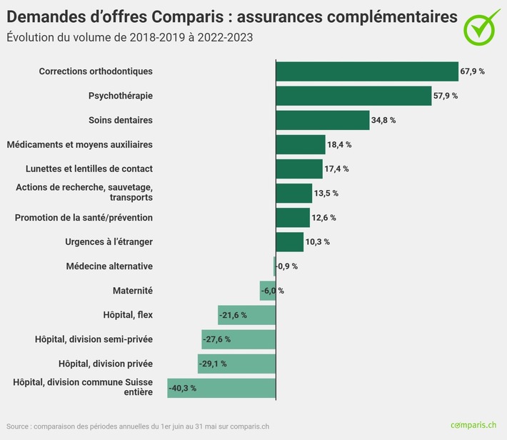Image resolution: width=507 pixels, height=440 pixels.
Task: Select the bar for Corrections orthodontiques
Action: pos(366,71)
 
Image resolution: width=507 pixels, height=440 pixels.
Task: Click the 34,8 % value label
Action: pos(383,120)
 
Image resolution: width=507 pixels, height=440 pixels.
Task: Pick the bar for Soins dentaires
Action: pos(322,120)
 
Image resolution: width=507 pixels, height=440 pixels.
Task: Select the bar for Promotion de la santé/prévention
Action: pos(293,217)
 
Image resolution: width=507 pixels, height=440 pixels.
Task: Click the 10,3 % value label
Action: pos(318,242)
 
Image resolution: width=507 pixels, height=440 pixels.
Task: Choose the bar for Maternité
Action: pos(268,291)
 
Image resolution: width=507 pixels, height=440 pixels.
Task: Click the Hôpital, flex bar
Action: pos(246,315)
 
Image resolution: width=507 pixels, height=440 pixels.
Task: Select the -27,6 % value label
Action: pos(216,339)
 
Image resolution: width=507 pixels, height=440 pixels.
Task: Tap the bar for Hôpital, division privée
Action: pos(236,364)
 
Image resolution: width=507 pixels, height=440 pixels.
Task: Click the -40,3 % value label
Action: pos(182,388)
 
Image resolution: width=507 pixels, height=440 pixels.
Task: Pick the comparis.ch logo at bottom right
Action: pos(473,425)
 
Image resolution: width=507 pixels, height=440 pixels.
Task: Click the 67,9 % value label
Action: pos(473,71)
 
